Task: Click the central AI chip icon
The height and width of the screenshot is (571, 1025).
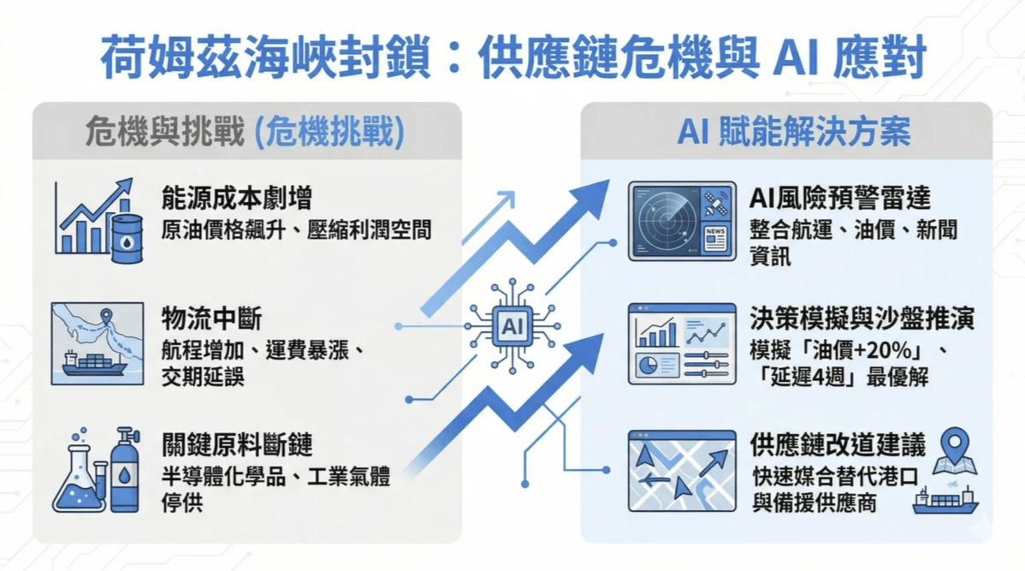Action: tap(512, 326)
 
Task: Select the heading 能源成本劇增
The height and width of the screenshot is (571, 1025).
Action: tap(237, 199)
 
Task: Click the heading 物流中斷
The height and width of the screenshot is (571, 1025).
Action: tap(211, 319)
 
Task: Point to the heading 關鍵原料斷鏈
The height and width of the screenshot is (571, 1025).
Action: tap(237, 445)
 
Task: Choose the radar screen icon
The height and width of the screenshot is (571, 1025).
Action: tap(681, 221)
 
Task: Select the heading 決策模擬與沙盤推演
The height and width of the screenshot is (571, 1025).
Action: tap(862, 319)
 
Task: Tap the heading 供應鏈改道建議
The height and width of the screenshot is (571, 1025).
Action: tap(838, 445)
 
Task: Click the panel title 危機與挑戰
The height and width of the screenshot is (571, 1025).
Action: tap(164, 133)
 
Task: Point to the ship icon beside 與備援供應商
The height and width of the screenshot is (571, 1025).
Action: tap(945, 500)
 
